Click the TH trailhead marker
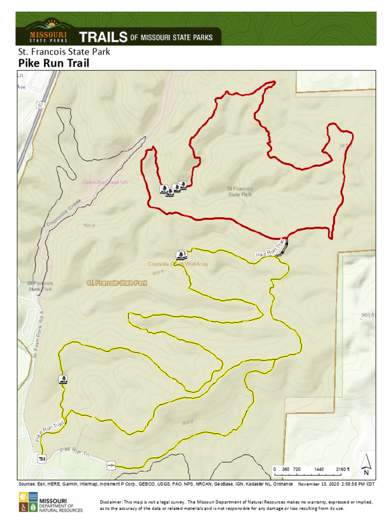[41, 459]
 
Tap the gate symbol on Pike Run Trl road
[111, 465]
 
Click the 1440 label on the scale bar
[319, 469]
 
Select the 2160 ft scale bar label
[342, 469]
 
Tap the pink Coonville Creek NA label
[105, 182]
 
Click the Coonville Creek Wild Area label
[178, 264]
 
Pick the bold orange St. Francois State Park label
[117, 282]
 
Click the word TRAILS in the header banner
[103, 37]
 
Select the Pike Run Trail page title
[54, 63]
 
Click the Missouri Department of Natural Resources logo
[50, 502]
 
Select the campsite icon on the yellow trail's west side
[63, 379]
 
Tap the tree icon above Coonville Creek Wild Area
[181, 255]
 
